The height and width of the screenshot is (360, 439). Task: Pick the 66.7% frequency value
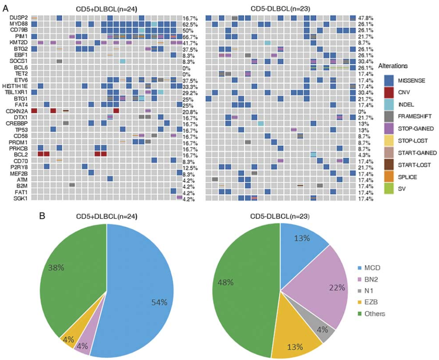click(x=190, y=37)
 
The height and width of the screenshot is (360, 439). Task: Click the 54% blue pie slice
click(x=141, y=294)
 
